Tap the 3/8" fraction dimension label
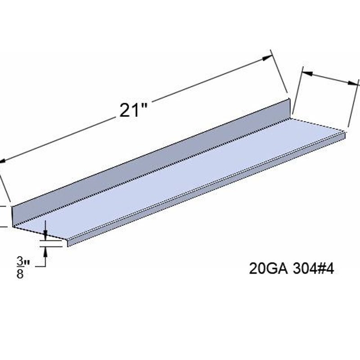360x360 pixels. pos(22,267)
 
